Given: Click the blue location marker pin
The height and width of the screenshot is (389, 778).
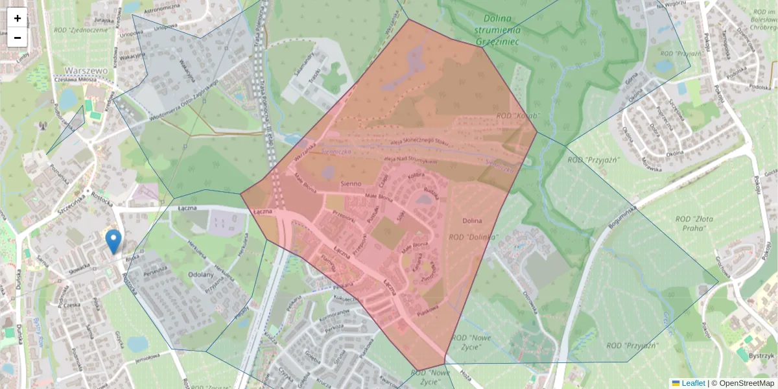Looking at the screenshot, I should tap(113, 241).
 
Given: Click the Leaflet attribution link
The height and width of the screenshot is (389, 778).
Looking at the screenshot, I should tap(692, 383).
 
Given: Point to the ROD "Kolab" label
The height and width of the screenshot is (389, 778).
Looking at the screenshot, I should tap(513, 115).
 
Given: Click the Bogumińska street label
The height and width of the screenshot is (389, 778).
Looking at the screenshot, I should tap(624, 217).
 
